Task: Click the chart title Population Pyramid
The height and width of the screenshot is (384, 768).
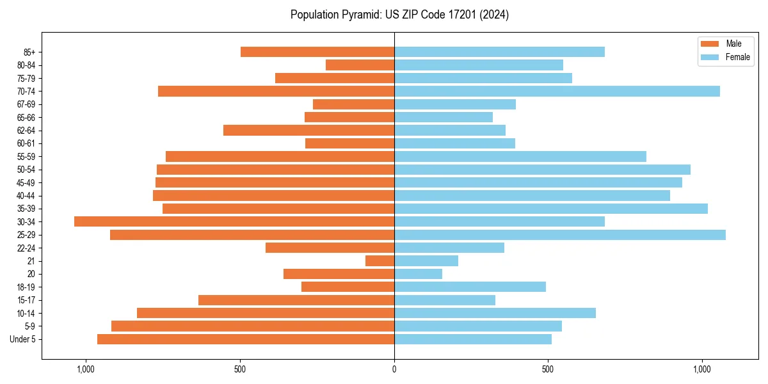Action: (399, 15)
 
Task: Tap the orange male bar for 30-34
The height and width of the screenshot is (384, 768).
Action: (234, 221)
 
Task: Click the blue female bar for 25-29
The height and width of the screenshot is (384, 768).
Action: (560, 235)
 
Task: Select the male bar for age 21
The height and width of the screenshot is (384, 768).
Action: (380, 261)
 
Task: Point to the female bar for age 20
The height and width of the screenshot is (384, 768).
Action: (418, 274)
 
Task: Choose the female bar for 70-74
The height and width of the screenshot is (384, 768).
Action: (557, 91)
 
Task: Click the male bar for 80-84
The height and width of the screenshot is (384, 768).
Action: (360, 65)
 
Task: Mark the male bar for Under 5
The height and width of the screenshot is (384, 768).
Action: (246, 339)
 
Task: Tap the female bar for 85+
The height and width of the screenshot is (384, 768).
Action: (499, 52)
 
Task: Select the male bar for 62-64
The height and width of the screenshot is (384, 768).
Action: (308, 130)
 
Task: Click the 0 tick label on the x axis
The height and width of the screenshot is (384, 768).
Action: (394, 369)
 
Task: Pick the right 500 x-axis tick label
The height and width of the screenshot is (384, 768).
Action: (548, 369)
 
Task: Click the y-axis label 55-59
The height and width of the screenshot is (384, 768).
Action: (26, 156)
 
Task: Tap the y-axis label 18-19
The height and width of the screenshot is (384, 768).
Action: (26, 287)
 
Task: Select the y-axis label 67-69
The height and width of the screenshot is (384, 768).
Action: (26, 104)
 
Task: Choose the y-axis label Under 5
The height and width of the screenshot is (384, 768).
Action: (22, 339)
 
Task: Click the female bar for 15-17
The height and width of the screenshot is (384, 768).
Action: (445, 300)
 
